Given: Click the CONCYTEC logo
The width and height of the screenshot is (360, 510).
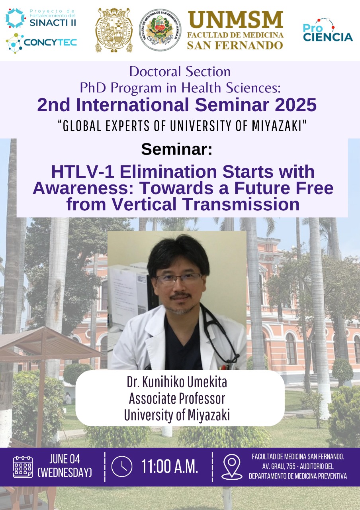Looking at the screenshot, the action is click(x=41, y=43).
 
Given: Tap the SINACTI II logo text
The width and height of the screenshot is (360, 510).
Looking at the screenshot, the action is click(x=53, y=23).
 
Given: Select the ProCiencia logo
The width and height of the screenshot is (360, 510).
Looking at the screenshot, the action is click(x=328, y=30).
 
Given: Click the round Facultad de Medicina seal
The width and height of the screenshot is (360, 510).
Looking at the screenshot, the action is click(x=160, y=30).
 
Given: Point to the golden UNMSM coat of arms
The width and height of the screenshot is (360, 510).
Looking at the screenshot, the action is click(x=114, y=30).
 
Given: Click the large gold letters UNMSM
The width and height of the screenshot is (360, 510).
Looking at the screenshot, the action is click(x=235, y=20).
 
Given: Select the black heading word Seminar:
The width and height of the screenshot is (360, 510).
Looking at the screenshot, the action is click(x=176, y=149).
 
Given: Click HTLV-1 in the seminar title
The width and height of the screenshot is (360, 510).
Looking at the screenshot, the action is click(x=83, y=171).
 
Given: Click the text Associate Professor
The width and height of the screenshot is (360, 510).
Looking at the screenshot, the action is click(x=177, y=398).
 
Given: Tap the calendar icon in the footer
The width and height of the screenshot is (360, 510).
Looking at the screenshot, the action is click(x=23, y=467).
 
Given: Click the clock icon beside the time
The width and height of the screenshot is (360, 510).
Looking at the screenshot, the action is click(x=122, y=467).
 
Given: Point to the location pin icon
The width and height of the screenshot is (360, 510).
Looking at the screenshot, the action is click(x=232, y=467).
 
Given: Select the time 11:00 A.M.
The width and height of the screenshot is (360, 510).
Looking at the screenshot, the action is click(x=170, y=467).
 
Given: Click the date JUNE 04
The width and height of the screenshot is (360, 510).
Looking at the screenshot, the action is click(x=65, y=459).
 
